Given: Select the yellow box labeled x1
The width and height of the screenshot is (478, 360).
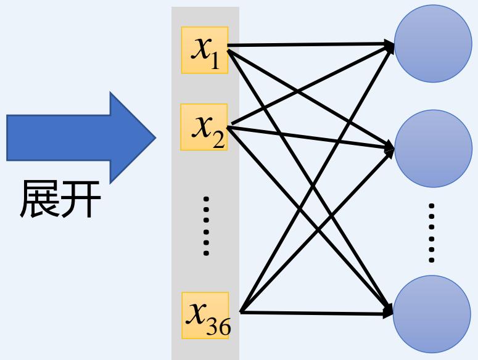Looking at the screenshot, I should [x=205, y=50].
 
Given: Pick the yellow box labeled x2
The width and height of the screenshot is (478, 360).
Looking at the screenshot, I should [x=205, y=128].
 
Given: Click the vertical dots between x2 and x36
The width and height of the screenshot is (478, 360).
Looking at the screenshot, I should [x=206, y=226].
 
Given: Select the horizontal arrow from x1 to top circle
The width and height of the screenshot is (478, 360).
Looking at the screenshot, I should [x=308, y=45].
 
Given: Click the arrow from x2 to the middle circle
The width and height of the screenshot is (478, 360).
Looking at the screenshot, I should [x=308, y=138].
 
